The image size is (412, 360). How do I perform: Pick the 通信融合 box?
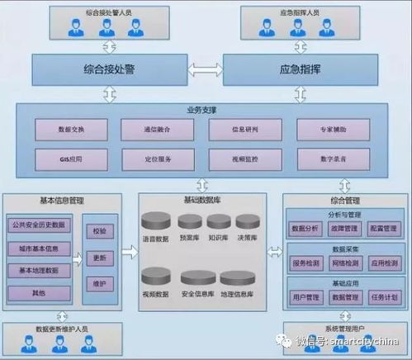click(158, 130)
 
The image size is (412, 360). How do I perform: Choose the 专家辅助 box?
click(334, 130)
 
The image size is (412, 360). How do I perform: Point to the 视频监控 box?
click(246, 158)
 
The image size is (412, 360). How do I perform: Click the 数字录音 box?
click(334, 158)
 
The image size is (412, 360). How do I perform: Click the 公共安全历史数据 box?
click(40, 225)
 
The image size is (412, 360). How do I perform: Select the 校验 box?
click(99, 231)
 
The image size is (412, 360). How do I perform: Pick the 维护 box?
click(99, 283)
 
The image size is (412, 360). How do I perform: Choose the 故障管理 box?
click(342, 229)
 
